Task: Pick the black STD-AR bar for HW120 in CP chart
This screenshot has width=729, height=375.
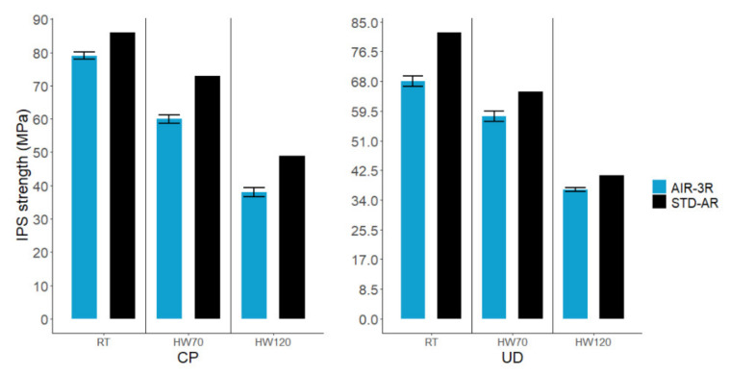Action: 291,237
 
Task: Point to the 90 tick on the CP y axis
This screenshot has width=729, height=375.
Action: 41,21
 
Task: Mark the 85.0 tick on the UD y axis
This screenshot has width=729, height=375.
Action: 365,21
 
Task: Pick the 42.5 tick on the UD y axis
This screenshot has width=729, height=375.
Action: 365,170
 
